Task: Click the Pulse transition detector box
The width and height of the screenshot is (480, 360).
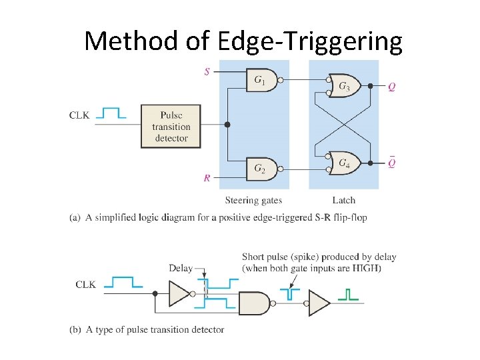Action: pos(171,125)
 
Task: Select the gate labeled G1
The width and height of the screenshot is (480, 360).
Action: pos(261,81)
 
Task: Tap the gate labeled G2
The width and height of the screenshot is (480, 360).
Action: pos(261,169)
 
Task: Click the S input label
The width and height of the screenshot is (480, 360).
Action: pos(207,71)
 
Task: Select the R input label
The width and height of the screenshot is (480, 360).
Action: pos(207,178)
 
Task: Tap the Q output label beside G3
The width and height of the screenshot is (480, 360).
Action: pos(391,87)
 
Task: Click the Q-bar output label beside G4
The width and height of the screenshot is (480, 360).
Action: pos(391,163)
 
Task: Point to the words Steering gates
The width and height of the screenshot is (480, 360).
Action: pos(253,200)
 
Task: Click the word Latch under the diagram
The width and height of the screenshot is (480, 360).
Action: pos(343,200)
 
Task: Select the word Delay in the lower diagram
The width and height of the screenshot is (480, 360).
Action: pos(181,269)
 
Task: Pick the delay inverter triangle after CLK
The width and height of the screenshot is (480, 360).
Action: pos(179,293)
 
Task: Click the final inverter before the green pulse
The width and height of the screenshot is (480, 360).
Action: pos(319,303)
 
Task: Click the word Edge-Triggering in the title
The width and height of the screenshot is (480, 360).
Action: pos(310,41)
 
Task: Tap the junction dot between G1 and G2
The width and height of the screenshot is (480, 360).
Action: pos(227,125)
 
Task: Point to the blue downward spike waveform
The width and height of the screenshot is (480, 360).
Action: pos(291,293)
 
